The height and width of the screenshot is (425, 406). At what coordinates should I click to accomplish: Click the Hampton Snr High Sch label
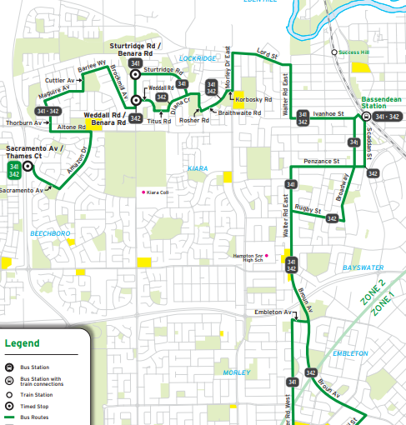click(248, 257)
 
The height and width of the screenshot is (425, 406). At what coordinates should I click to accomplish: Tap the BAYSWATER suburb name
click(363, 268)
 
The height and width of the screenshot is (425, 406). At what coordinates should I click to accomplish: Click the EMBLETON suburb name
click(349, 353)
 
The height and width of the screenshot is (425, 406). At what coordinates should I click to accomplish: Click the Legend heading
click(22, 342)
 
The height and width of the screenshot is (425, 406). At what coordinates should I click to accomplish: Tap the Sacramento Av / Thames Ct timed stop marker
click(28, 167)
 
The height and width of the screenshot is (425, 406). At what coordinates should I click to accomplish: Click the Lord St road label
click(267, 53)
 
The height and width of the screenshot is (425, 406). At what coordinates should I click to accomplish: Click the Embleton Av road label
click(269, 312)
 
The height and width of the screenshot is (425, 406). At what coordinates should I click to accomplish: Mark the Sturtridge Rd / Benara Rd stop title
click(136, 48)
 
